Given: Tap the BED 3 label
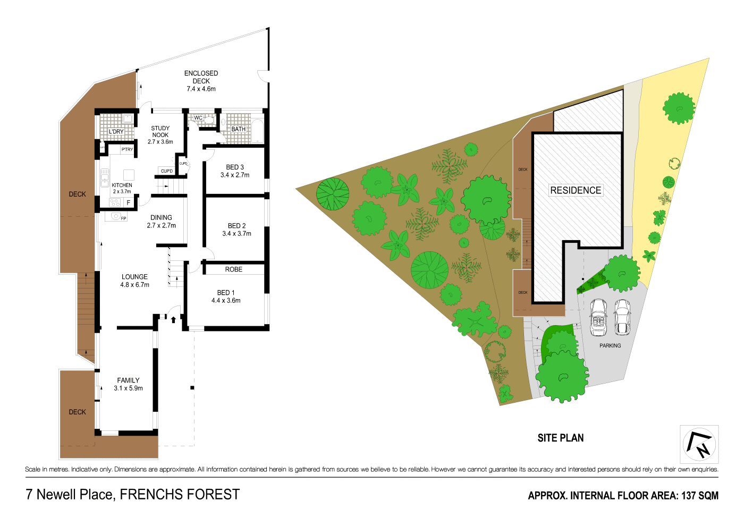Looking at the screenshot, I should [235, 167].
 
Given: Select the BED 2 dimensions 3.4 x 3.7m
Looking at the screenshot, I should [236, 234].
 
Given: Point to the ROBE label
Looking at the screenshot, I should [233, 269].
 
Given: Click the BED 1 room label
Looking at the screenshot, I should [226, 293].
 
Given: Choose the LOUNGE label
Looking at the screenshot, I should [134, 277].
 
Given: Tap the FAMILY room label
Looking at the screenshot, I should [128, 380].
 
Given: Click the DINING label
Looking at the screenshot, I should [161, 217].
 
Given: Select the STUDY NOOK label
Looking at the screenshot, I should [160, 132].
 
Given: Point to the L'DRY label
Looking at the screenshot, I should [116, 132].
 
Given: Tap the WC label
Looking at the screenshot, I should [198, 118].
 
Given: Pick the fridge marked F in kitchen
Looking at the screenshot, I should [128, 202].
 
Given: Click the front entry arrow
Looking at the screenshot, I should [173, 319].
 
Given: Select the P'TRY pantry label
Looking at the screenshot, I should [127, 150].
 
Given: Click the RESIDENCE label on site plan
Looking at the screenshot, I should [576, 190].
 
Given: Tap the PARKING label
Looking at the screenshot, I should [610, 345].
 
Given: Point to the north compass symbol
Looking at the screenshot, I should [699, 444].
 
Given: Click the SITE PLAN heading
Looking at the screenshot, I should [560, 438].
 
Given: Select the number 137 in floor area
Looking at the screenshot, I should [688, 496].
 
